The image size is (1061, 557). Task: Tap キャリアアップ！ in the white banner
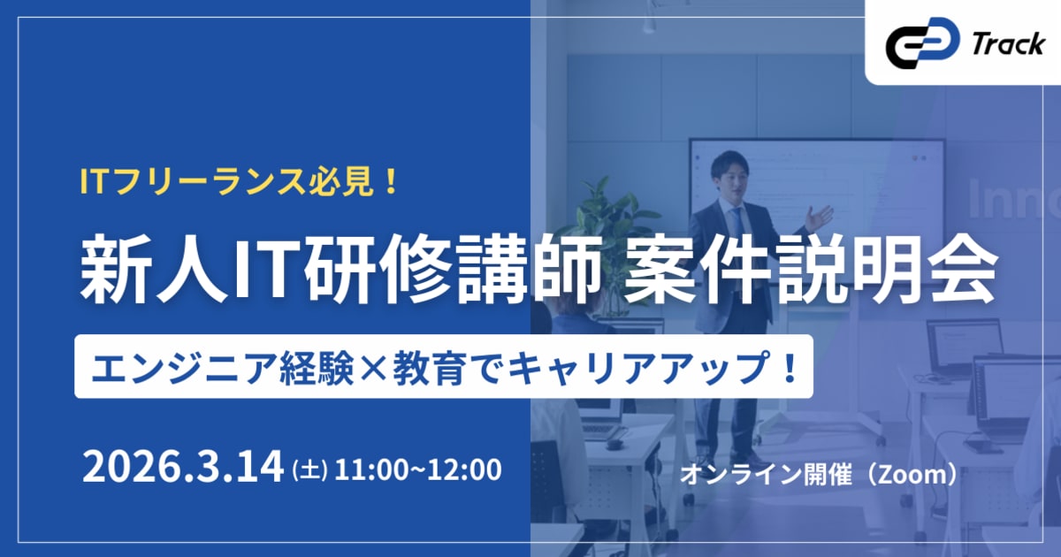671,364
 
